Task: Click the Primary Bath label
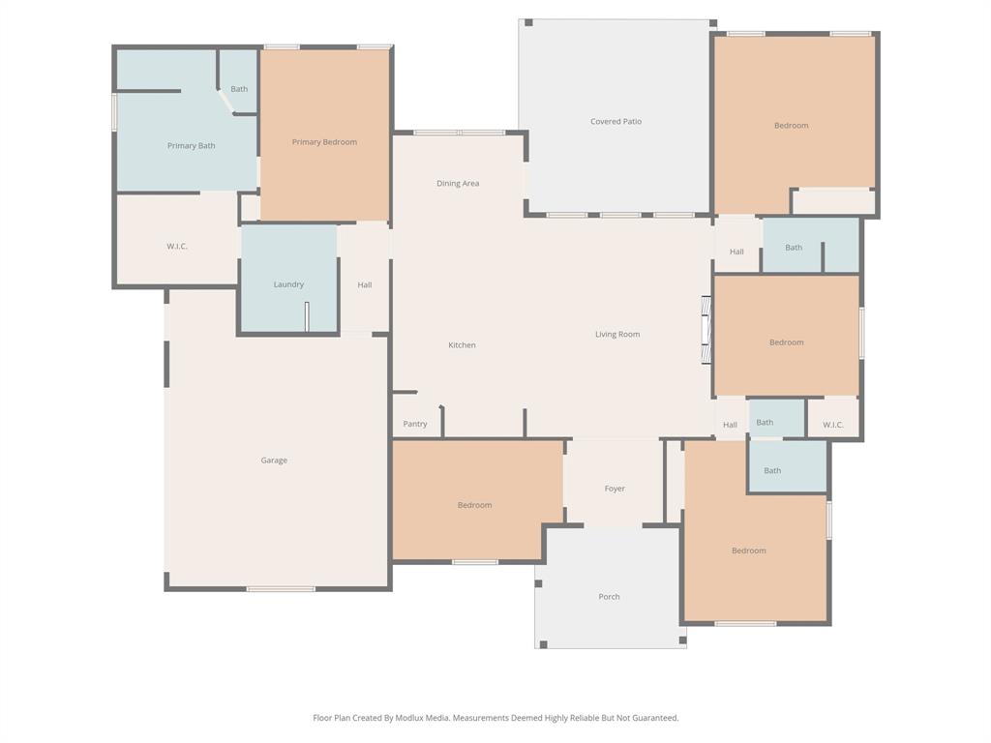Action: pyautogui.click(x=191, y=146)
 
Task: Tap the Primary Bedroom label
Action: pyautogui.click(x=324, y=142)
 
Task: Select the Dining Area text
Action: pyautogui.click(x=458, y=183)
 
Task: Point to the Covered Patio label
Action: pyautogui.click(x=616, y=122)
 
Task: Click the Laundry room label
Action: pyautogui.click(x=288, y=284)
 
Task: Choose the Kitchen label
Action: pyautogui.click(x=462, y=345)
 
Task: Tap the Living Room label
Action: pyautogui.click(x=616, y=335)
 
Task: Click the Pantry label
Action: pyautogui.click(x=415, y=424)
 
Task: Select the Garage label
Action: pyautogui.click(x=274, y=461)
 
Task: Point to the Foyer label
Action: pyautogui.click(x=615, y=490)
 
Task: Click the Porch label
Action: pyautogui.click(x=609, y=597)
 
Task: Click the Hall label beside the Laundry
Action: pyautogui.click(x=364, y=285)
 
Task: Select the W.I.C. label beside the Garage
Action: pyautogui.click(x=176, y=247)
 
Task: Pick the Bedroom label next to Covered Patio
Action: pyautogui.click(x=791, y=126)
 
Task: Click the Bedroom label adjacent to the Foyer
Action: pyautogui.click(x=474, y=505)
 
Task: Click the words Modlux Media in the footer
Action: pyautogui.click(x=422, y=718)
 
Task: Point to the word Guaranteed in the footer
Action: pyautogui.click(x=655, y=718)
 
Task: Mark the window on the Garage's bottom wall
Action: pyautogui.click(x=281, y=588)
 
